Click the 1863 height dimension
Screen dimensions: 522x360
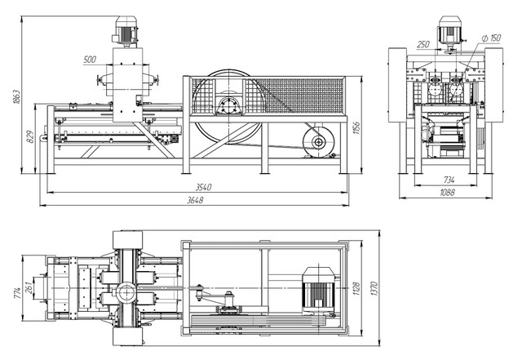click(16, 96)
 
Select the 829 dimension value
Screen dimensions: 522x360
click(30, 136)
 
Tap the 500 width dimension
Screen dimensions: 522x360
click(90, 60)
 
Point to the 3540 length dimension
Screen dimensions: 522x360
click(203, 187)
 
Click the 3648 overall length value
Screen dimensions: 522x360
click(195, 200)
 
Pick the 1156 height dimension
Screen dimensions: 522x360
click(356, 128)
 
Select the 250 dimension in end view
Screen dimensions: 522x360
click(423, 44)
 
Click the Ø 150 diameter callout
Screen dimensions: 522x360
click(491, 38)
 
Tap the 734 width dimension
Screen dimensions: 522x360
click(449, 180)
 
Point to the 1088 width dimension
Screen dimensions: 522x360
click(447, 193)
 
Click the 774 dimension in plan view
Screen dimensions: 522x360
click(18, 293)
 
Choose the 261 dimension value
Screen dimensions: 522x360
click(29, 288)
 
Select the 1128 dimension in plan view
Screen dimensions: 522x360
click(356, 289)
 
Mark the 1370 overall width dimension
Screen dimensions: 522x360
click(374, 289)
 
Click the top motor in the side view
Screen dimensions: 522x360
click(126, 31)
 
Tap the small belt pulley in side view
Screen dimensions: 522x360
click(319, 142)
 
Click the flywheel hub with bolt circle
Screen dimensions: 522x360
click(229, 107)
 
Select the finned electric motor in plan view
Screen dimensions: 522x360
click(319, 290)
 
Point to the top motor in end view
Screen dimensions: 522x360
click(449, 32)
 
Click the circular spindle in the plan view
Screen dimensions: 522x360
click(126, 292)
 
